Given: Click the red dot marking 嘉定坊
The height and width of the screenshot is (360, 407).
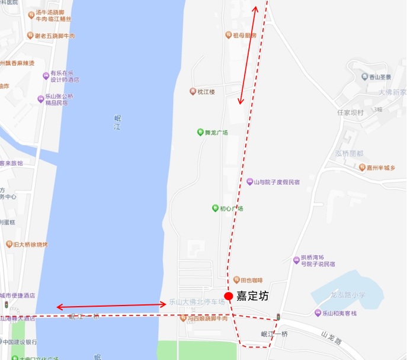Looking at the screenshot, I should [x=229, y=296].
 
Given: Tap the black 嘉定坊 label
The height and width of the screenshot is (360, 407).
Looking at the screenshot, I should [x=252, y=296].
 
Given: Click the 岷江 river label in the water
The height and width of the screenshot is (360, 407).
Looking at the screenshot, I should [x=117, y=123].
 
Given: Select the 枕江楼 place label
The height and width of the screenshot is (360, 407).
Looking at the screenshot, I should [x=206, y=91].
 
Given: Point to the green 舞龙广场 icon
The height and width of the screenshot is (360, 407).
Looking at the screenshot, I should [x=201, y=132].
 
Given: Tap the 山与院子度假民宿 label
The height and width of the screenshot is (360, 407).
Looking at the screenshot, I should [x=277, y=182].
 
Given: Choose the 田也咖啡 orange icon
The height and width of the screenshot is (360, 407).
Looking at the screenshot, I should [x=235, y=280].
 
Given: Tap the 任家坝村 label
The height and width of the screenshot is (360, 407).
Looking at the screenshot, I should [x=350, y=112].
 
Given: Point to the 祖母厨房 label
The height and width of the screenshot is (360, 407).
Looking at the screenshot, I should [x=245, y=36].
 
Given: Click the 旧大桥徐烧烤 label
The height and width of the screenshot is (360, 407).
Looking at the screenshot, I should [x=31, y=244].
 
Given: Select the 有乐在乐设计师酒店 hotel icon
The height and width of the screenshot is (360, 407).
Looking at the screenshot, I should [x=46, y=76].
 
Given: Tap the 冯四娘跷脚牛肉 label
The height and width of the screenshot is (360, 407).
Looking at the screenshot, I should [x=207, y=318].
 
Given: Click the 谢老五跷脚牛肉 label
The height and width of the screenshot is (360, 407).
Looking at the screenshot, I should [x=55, y=36].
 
